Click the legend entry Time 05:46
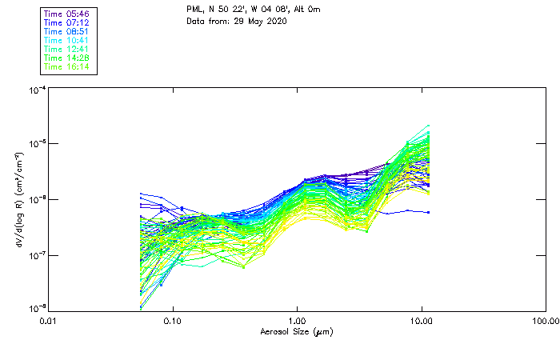(67, 14)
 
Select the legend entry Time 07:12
(67, 22)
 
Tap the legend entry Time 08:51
(67, 31)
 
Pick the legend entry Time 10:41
(67, 40)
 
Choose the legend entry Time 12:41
(67, 49)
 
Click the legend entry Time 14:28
(67, 58)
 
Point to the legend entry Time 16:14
(67, 66)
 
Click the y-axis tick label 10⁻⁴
(38, 90)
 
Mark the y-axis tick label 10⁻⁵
(38, 144)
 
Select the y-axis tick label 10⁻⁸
(38, 308)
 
